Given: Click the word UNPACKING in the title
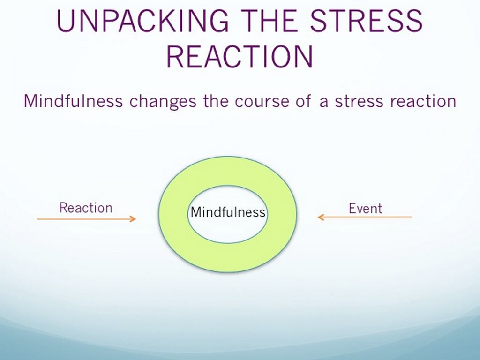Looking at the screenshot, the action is click(x=142, y=21).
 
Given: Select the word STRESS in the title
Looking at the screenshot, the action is click(x=366, y=21).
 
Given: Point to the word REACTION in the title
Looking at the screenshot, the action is click(x=240, y=57).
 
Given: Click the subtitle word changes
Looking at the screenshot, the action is click(x=163, y=102).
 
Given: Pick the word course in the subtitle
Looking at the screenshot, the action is click(x=262, y=102).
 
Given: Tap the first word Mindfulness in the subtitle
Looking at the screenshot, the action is click(x=73, y=101).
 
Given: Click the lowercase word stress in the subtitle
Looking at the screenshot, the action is click(x=359, y=101).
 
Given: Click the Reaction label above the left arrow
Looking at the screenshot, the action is click(x=86, y=208).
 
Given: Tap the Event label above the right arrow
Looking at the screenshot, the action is click(x=365, y=209).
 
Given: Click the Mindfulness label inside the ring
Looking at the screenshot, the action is click(x=228, y=212).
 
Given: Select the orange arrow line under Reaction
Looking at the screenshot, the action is click(x=87, y=219).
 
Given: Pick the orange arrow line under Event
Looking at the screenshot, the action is click(x=365, y=217).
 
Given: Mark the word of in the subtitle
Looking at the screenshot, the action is click(x=304, y=101).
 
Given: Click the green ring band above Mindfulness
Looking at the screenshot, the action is click(x=227, y=171).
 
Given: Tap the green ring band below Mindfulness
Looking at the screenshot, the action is click(x=227, y=258).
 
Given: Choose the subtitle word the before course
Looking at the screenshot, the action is click(x=216, y=101).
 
